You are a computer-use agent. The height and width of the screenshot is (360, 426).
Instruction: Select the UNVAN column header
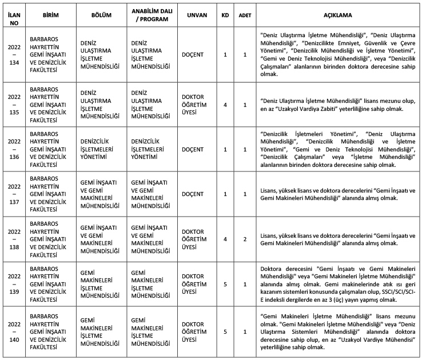tap(197, 15)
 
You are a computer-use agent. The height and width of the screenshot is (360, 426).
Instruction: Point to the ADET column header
tap(245, 15)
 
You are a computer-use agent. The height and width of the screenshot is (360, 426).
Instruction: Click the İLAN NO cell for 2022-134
tap(13, 55)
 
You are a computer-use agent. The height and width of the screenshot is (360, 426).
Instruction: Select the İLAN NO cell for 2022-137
tap(13, 194)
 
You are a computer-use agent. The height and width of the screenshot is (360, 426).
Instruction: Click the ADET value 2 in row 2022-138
tap(245, 239)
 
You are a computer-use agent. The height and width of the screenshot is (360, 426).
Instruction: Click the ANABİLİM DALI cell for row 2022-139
tap(151, 284)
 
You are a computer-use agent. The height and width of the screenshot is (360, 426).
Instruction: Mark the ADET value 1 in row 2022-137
tap(245, 194)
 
